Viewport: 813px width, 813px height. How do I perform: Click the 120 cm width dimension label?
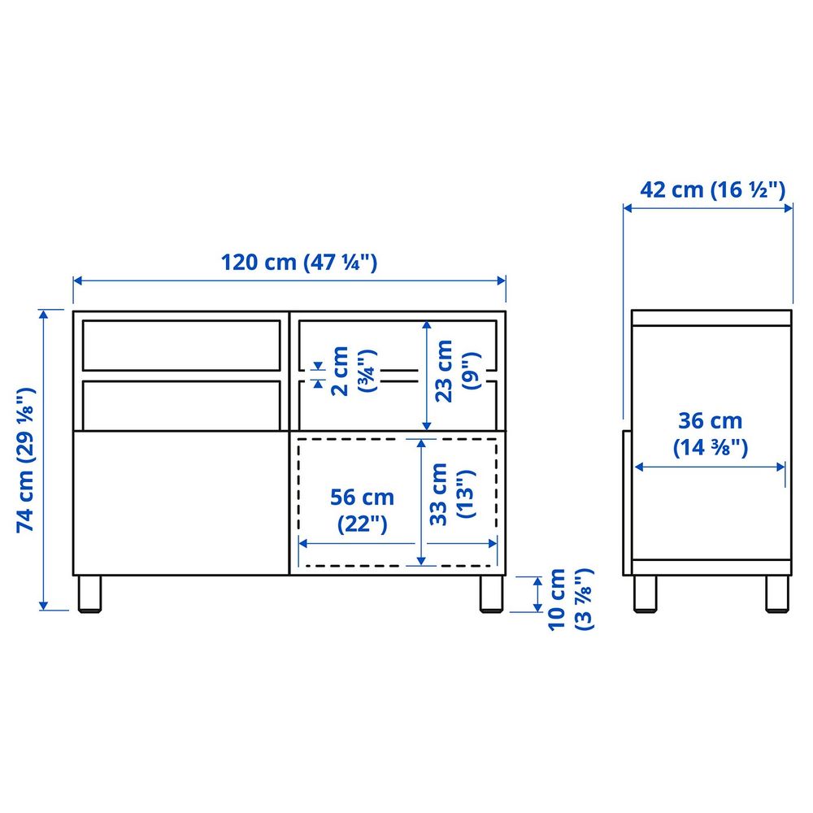(299, 263)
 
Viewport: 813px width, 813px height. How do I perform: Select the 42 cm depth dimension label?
(712, 190)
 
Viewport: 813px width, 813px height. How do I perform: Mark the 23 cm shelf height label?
(454, 370)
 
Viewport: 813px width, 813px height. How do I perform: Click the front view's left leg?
(89, 593)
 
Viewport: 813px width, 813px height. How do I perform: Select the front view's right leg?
(490, 593)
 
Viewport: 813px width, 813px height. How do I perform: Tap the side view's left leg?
(646, 593)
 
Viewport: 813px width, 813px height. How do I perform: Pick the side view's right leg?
(777, 593)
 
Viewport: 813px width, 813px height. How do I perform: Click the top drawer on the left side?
(180, 345)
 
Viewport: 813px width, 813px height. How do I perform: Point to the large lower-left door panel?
(180, 501)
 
